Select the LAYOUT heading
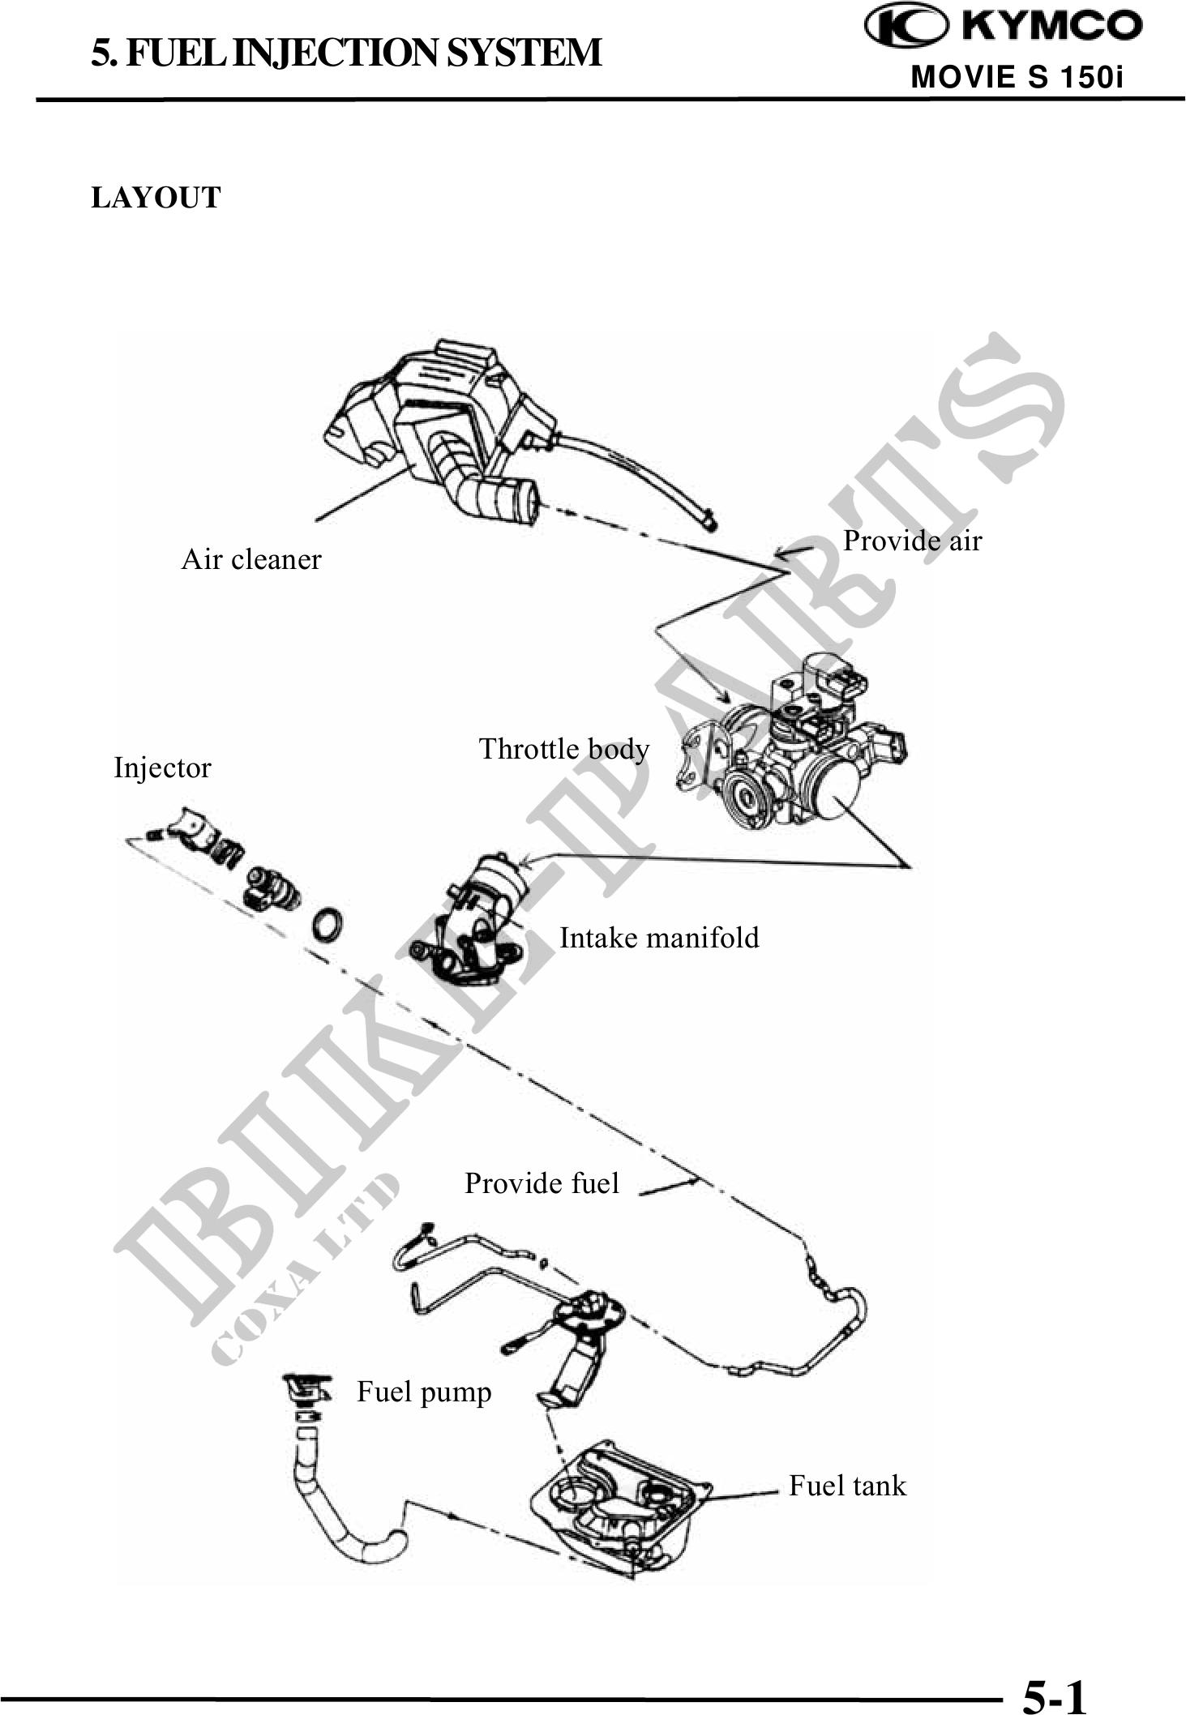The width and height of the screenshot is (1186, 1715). pos(156,198)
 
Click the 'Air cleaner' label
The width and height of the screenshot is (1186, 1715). pos(251,559)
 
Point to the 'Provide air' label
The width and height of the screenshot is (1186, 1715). pos(912,541)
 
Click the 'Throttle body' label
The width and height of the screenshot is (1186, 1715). pos(564,749)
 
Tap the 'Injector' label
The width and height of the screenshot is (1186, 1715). pos(162,768)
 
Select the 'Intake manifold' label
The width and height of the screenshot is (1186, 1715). pos(659,938)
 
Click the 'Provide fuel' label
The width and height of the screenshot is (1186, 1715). pos(542,1183)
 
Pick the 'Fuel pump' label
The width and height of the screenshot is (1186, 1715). pos(424,1392)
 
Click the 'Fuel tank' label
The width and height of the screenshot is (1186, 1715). pos(847,1486)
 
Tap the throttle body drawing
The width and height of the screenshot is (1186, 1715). pos(794,754)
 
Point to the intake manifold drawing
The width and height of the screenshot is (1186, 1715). pos(478,916)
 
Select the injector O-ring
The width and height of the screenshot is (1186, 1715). pos(327,925)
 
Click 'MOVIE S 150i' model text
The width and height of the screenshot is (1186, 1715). pos(1017,78)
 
